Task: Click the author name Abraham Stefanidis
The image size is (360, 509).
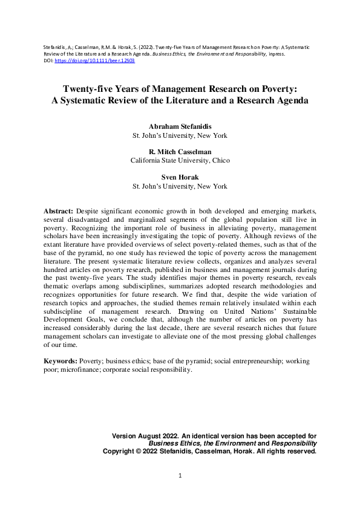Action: click(180, 126)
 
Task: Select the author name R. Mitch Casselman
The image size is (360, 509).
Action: click(180, 152)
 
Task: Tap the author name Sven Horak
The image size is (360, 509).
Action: click(180, 177)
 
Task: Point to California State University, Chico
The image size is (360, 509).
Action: click(180, 161)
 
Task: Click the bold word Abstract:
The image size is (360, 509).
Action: click(59, 210)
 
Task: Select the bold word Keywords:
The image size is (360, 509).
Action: click(60, 361)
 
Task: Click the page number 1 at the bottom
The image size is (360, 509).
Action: click(180, 476)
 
